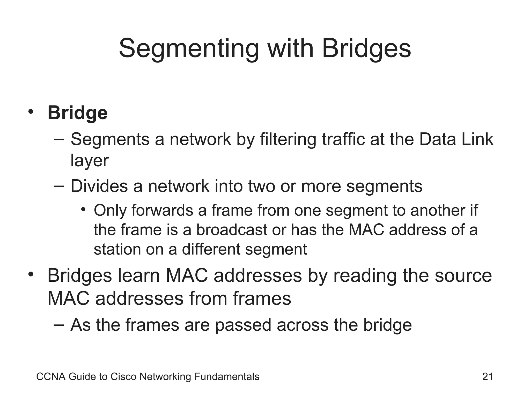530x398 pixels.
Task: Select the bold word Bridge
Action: pos(77,113)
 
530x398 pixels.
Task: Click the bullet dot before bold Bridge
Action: pos(31,112)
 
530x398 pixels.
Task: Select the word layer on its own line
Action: pos(90,161)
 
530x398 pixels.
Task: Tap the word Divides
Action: pos(99,186)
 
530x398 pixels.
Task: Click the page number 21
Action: pos(488,377)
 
